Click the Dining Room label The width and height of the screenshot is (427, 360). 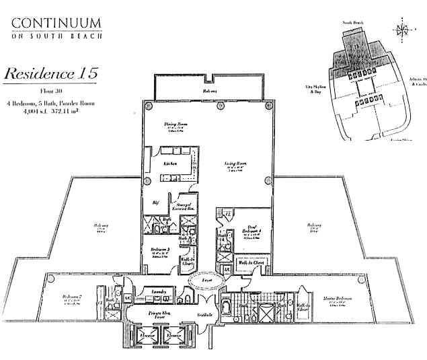tap(175, 124)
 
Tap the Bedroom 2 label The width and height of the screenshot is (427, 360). tap(72, 296)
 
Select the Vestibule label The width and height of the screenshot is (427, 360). tap(205, 315)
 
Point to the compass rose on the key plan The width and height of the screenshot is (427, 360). tap(402, 30)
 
